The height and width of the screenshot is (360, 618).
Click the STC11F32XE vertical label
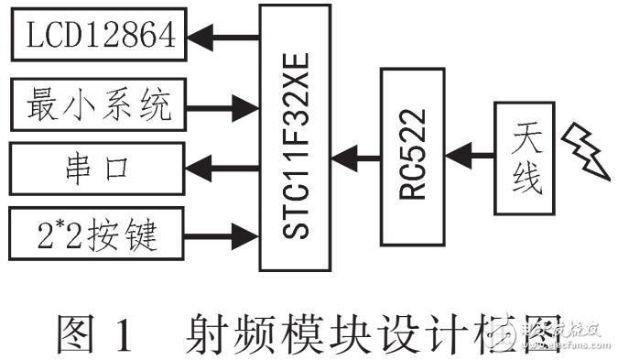tap(295, 136)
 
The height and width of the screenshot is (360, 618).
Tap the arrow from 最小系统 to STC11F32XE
tap(225, 103)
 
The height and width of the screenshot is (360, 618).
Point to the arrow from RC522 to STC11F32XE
tap(353, 157)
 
